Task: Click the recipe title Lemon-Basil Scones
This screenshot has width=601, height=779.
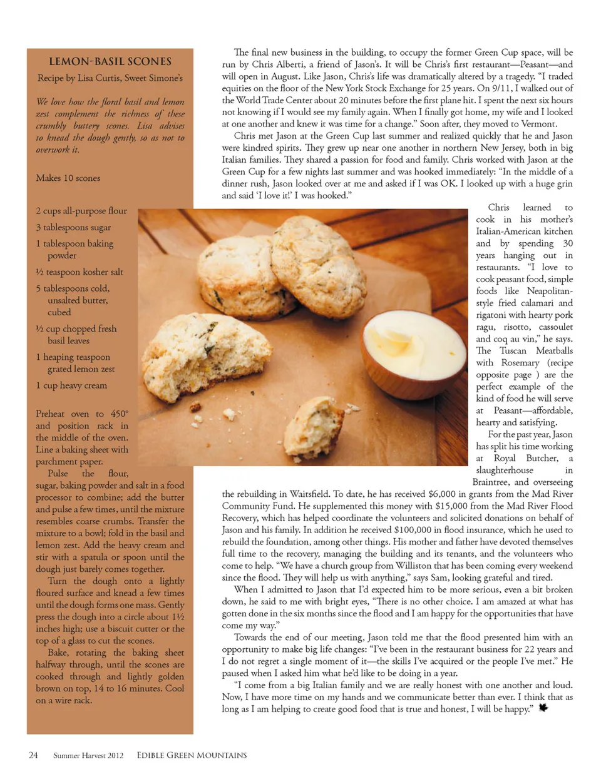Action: tap(110, 61)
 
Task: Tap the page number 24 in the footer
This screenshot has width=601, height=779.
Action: tap(33, 755)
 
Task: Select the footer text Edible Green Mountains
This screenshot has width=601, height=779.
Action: tap(192, 755)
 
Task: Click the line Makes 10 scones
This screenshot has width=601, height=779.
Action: tap(68, 178)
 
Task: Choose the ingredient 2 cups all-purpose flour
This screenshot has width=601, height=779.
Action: tap(81, 211)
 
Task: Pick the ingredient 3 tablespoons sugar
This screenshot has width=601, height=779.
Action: tap(73, 227)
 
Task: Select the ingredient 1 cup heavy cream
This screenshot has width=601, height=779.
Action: tap(71, 385)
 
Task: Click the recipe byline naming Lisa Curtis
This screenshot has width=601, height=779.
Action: tap(110, 78)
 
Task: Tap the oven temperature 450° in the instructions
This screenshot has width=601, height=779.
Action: tap(119, 414)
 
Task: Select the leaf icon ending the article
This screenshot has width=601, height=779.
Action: tap(543, 708)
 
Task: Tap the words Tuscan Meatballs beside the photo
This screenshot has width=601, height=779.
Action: tap(533, 351)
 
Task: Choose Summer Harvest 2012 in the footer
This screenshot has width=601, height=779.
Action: tap(88, 756)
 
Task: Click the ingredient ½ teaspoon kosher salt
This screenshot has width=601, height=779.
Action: tap(80, 272)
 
